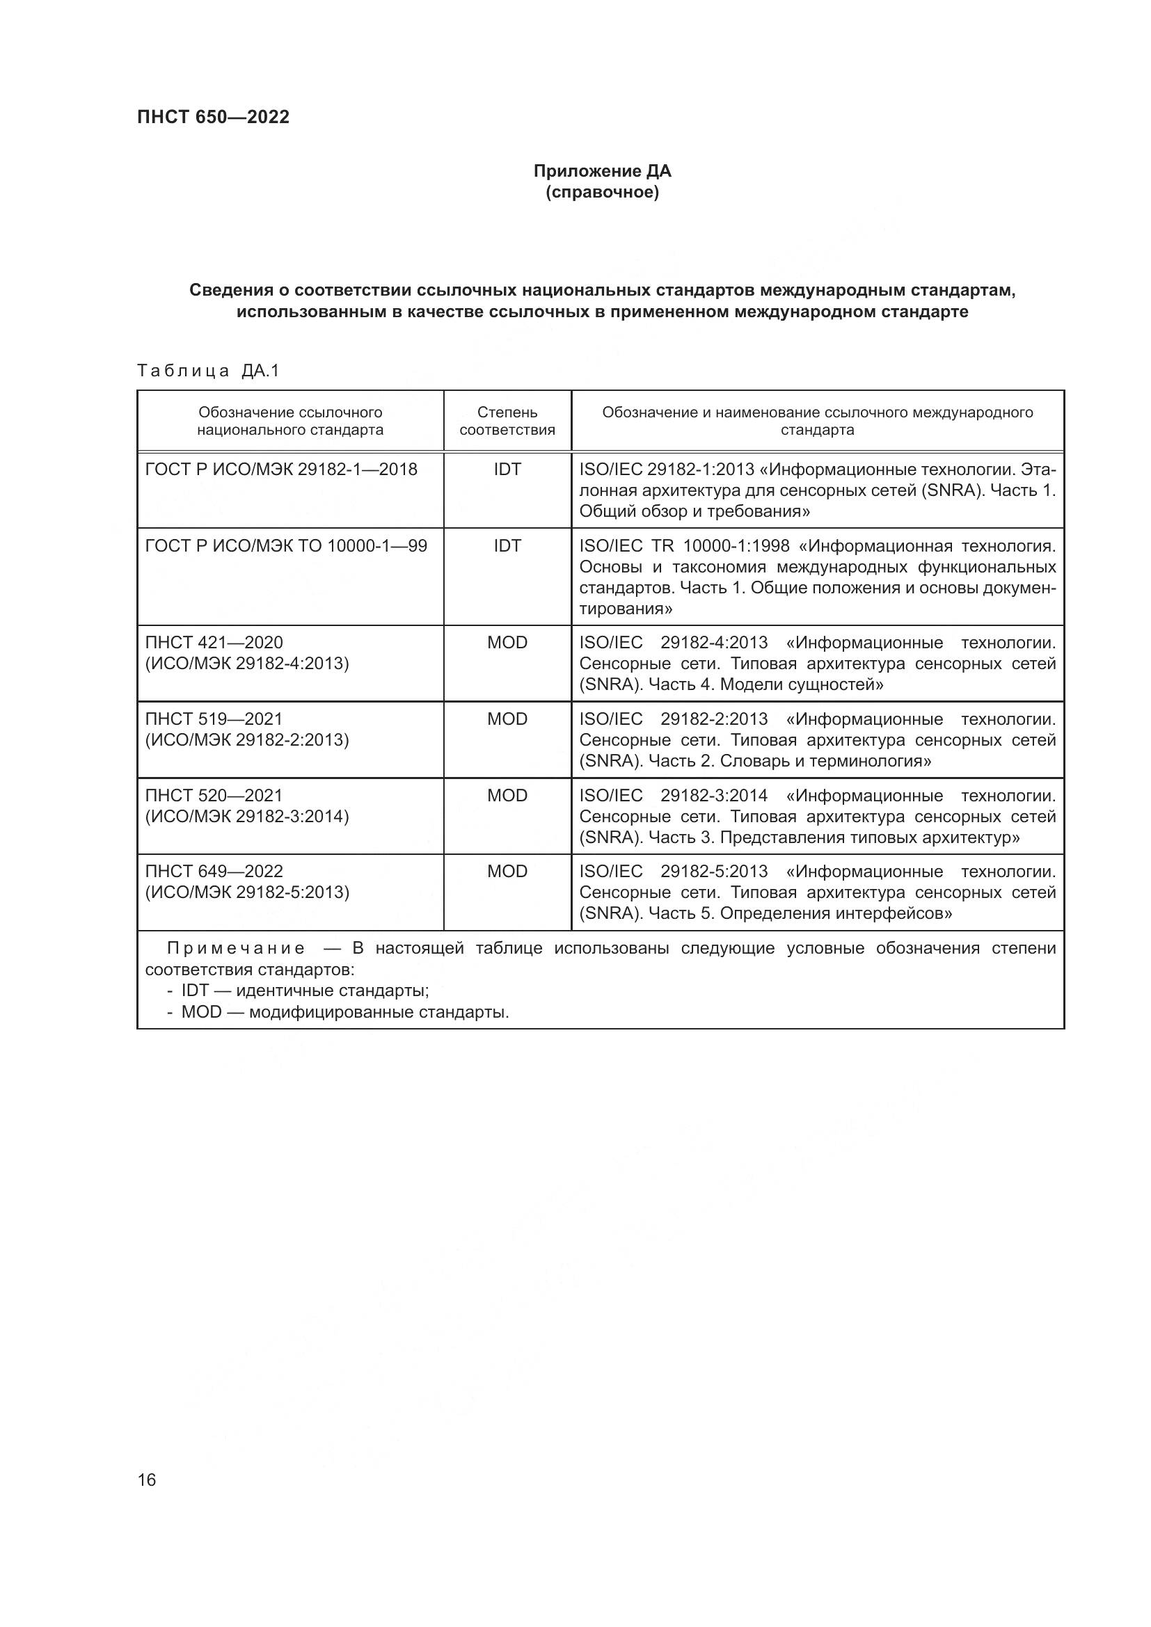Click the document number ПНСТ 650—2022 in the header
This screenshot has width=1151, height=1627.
pos(214,117)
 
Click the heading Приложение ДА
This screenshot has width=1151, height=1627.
pos(602,171)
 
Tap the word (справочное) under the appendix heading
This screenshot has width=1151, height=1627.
pos(602,193)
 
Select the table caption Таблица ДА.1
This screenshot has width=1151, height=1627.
pos(208,371)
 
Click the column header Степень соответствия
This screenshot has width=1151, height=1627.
pos(507,421)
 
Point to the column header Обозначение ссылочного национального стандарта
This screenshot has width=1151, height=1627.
pos(290,421)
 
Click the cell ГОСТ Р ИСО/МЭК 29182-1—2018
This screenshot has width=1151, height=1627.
pos(280,469)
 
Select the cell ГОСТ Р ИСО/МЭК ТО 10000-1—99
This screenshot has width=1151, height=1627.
pos(285,545)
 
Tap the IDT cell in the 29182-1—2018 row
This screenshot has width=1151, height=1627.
pos(507,469)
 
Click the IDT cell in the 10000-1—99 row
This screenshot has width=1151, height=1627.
pos(507,545)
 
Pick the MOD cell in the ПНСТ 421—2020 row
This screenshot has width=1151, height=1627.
pos(507,643)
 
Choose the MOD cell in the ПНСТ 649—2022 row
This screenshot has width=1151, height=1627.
pos(507,872)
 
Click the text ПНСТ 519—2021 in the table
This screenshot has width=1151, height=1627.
pos(214,719)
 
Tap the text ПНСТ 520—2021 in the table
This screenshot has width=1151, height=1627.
pos(214,796)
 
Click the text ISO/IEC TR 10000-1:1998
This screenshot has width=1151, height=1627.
pos(684,546)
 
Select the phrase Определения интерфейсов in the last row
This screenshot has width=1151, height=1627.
pos(836,913)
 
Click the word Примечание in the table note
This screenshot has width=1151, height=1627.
pos(235,949)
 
